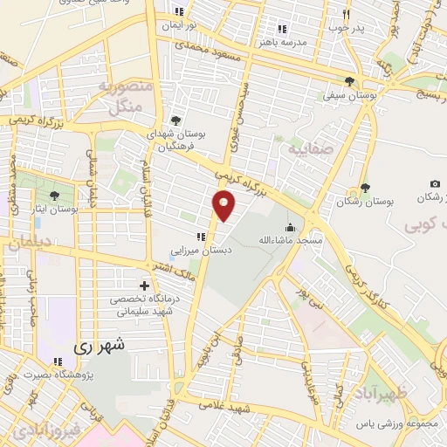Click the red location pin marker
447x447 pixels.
click(x=224, y=205)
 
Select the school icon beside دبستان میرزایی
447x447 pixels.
click(x=201, y=237)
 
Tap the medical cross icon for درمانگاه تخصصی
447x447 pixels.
click(x=144, y=285)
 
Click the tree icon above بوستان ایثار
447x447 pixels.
click(x=56, y=196)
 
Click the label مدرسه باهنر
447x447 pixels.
click(x=281, y=40)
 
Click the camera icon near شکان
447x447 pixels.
click(x=434, y=184)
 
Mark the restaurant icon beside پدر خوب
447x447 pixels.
click(x=347, y=14)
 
